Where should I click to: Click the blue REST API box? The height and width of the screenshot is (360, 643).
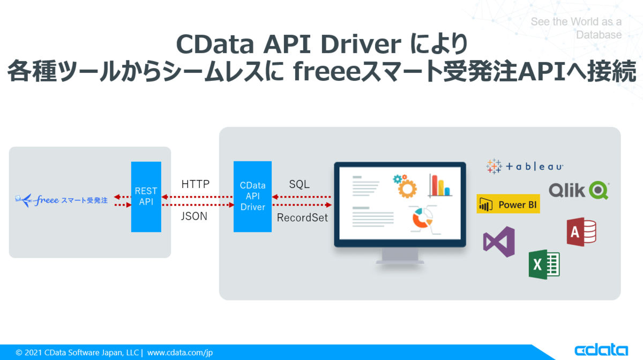click(146, 197)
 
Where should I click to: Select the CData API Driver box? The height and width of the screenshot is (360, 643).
click(252, 196)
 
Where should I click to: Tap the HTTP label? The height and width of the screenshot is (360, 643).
click(195, 184)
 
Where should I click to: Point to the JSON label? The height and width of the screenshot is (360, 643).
click(195, 217)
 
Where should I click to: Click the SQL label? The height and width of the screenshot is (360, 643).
click(299, 184)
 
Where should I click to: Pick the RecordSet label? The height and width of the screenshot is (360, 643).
click(302, 218)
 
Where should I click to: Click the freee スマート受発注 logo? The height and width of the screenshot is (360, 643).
click(62, 201)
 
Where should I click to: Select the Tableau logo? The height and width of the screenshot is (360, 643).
click(525, 167)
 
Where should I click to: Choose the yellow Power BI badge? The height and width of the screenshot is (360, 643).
click(508, 204)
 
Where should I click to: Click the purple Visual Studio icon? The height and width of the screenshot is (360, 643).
click(499, 242)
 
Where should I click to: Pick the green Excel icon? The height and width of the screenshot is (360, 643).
click(544, 265)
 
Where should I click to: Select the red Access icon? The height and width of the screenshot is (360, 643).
click(581, 231)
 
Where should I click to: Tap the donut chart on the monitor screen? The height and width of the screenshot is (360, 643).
click(422, 219)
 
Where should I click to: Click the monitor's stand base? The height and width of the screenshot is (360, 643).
click(400, 262)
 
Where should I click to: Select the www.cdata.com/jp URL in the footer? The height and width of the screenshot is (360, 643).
click(180, 352)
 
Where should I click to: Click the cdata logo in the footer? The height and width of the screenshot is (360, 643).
click(601, 350)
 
